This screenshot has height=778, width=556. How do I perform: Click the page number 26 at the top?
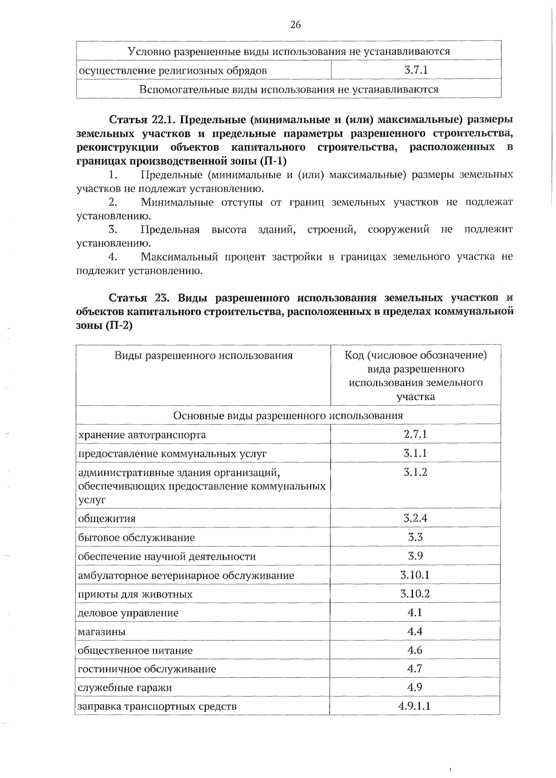296,25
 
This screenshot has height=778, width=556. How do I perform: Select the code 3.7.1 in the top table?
416,70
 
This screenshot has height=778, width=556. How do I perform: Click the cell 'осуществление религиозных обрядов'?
172,71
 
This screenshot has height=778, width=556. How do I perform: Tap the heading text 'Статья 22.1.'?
141,119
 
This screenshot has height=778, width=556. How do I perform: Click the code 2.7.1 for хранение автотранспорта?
415,434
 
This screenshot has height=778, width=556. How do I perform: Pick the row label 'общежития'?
107,518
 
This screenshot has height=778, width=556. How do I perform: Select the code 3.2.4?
415,518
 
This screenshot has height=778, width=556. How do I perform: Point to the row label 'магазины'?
101,632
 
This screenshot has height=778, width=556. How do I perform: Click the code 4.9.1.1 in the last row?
414,706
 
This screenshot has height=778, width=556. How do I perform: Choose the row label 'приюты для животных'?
135,594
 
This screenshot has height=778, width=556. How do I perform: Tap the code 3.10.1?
415,575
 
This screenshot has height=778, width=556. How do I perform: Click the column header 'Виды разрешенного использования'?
203,356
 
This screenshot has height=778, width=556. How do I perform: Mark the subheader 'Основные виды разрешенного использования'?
288,415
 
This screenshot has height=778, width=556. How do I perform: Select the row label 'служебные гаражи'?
125,688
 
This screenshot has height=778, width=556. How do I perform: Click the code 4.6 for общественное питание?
415,650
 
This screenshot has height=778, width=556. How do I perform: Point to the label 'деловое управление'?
128,613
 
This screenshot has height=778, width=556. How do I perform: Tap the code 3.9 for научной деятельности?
415,556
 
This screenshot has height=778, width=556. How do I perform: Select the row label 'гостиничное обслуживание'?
146,669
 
